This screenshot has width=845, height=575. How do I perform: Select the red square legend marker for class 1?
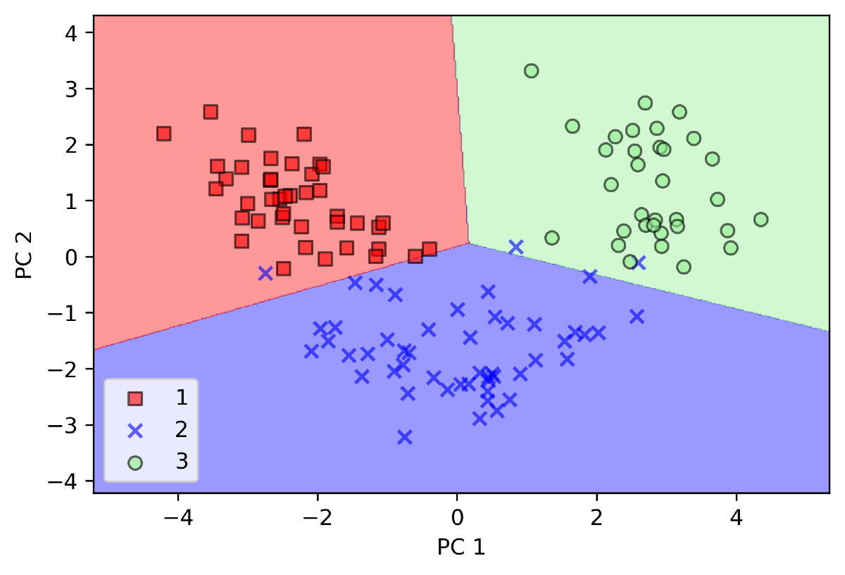click(x=135, y=399)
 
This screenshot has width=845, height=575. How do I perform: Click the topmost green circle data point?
click(x=532, y=71)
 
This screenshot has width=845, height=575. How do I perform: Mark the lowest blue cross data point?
click(x=404, y=437)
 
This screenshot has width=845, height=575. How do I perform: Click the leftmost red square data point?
click(x=164, y=134)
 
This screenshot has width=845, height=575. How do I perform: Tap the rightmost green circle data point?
click(x=760, y=220)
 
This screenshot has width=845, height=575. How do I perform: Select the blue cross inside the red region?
click(x=265, y=273)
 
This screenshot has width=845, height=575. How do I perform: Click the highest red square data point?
click(x=211, y=112)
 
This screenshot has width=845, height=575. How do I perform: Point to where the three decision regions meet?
click(x=469, y=244)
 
